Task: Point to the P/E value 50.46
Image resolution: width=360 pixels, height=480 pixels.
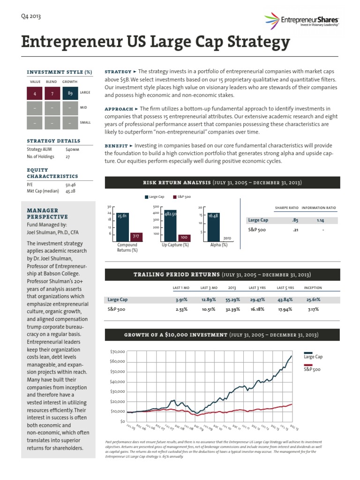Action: pos(72,185)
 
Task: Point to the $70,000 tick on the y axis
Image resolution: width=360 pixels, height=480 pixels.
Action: pos(117,351)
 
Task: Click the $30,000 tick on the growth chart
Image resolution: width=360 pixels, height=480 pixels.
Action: pos(117,391)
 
